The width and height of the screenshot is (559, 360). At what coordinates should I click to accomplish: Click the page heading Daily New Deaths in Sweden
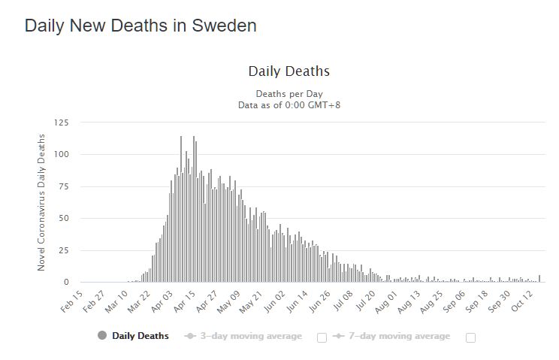tap(141, 26)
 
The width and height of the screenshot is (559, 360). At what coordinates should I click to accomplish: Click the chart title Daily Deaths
tap(289, 72)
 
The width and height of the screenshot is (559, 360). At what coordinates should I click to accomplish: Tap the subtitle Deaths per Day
tap(289, 94)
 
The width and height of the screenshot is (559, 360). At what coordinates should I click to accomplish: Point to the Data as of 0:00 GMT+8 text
tap(289, 105)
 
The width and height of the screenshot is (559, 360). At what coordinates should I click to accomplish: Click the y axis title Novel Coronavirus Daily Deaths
tap(42, 202)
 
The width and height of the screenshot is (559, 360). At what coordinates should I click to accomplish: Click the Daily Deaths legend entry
tap(141, 336)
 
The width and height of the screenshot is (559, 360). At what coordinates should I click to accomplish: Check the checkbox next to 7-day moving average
tap(471, 337)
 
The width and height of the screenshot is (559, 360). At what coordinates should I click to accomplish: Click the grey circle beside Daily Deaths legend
tap(102, 335)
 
